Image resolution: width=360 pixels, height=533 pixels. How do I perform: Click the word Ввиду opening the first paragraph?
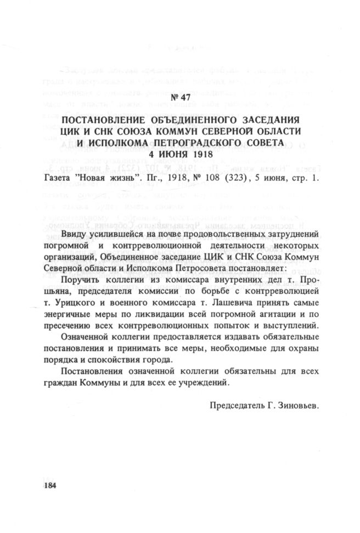(75, 235)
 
